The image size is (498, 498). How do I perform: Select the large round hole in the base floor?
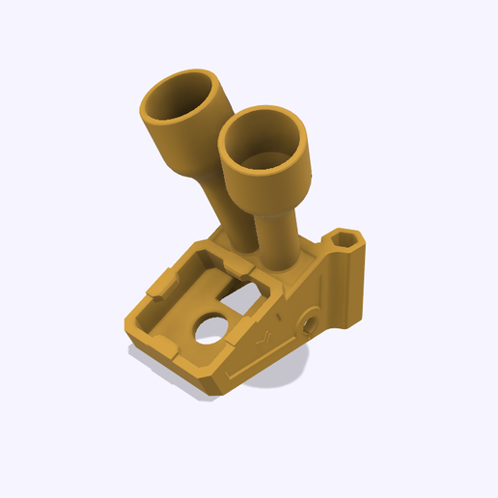[x=209, y=331]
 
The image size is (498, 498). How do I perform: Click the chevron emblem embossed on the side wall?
[x=264, y=339]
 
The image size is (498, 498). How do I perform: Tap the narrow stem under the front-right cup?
[x=280, y=241]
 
